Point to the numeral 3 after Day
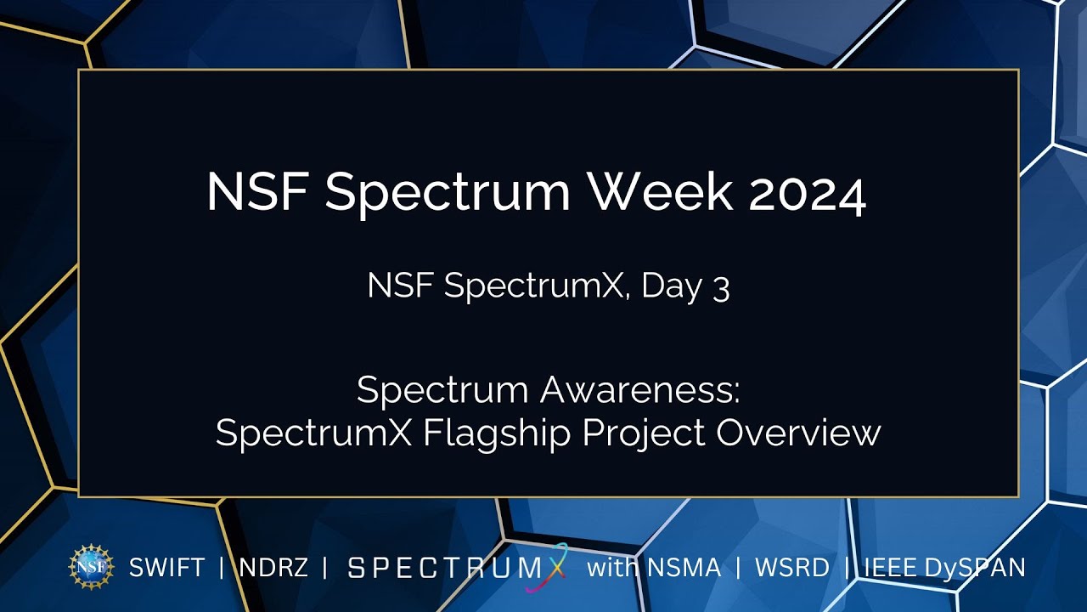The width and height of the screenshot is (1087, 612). click(x=721, y=288)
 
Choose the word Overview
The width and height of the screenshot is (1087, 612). click(x=798, y=433)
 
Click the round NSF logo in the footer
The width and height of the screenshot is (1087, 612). click(x=91, y=567)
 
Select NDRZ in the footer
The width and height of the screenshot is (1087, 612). click(x=273, y=568)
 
